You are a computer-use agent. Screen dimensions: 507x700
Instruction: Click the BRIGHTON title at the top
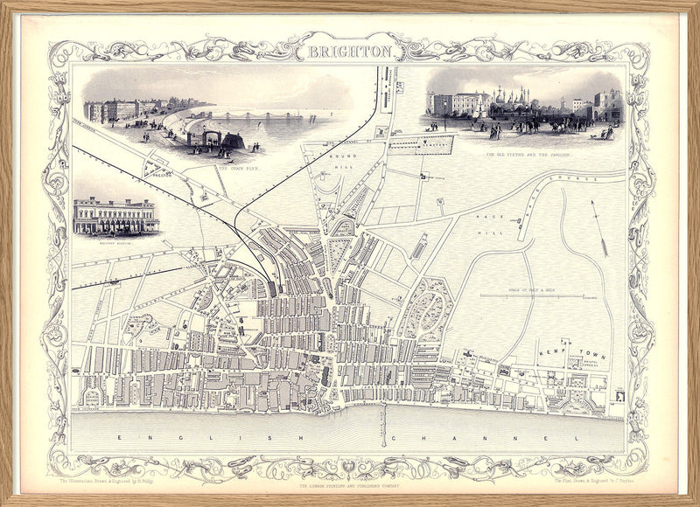coord(349,52)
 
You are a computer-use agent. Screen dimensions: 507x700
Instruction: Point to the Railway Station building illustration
coord(116,216)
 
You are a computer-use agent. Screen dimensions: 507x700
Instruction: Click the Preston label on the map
coord(157,174)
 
